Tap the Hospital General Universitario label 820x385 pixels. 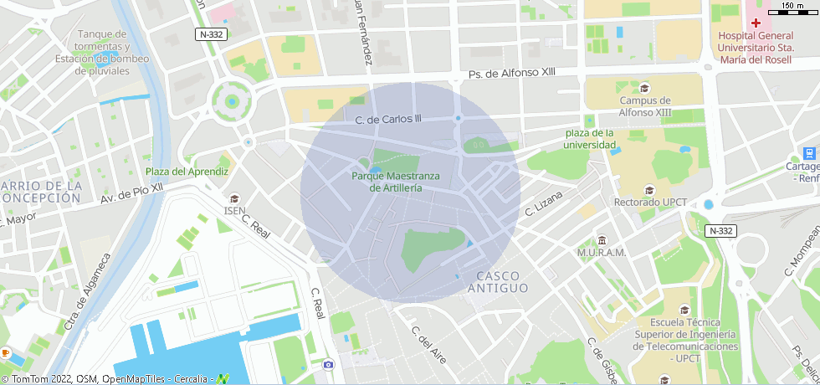click(x=756, y=48)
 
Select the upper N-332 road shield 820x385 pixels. click(x=212, y=34)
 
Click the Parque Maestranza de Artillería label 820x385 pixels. click(x=396, y=182)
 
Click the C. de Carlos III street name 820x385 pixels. click(x=388, y=120)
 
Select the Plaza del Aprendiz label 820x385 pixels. click(x=187, y=172)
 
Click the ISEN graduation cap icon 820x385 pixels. click(x=234, y=198)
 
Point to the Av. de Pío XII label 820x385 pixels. click(x=131, y=195)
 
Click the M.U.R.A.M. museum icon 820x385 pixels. click(x=602, y=240)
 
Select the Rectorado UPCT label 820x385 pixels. click(x=650, y=203)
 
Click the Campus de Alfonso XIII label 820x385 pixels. click(x=644, y=106)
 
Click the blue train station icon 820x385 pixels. click(x=809, y=153)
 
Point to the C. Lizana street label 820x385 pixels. click(x=544, y=203)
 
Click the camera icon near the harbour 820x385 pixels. click(x=328, y=364)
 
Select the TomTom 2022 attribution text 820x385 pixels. click(x=38, y=379)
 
